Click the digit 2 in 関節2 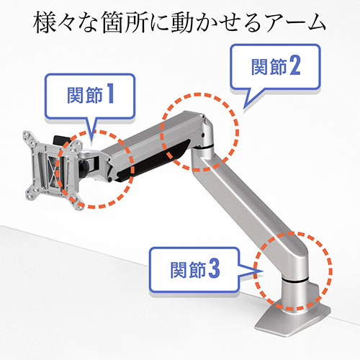pos(295,67)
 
